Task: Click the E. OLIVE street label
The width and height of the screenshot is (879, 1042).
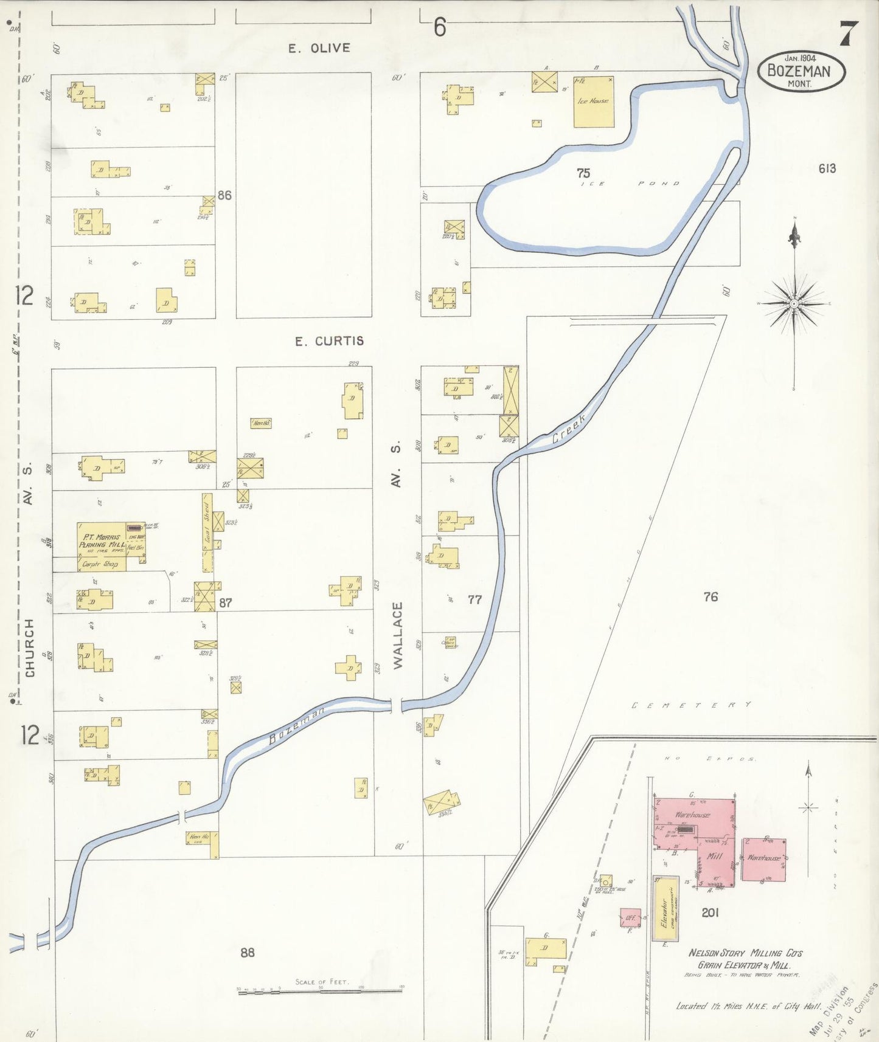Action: [319, 48]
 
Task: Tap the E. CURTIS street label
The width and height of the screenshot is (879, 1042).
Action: [329, 341]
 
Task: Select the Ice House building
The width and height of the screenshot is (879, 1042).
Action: [593, 102]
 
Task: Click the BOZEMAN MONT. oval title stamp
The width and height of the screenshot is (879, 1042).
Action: [802, 72]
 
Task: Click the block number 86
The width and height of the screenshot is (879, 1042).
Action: [225, 195]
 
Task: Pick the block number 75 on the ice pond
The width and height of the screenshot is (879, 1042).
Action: [583, 173]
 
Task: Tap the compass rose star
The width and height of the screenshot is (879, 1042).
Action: [794, 303]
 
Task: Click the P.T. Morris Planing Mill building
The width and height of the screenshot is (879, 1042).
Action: [102, 546]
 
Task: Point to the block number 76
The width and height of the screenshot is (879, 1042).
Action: [710, 597]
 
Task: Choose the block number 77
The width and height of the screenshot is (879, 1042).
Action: [474, 600]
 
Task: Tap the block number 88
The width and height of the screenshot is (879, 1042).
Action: [247, 952]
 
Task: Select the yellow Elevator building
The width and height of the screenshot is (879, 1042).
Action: [665, 908]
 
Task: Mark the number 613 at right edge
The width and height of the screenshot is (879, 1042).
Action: [827, 168]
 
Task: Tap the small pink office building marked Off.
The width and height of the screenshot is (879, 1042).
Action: [630, 918]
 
